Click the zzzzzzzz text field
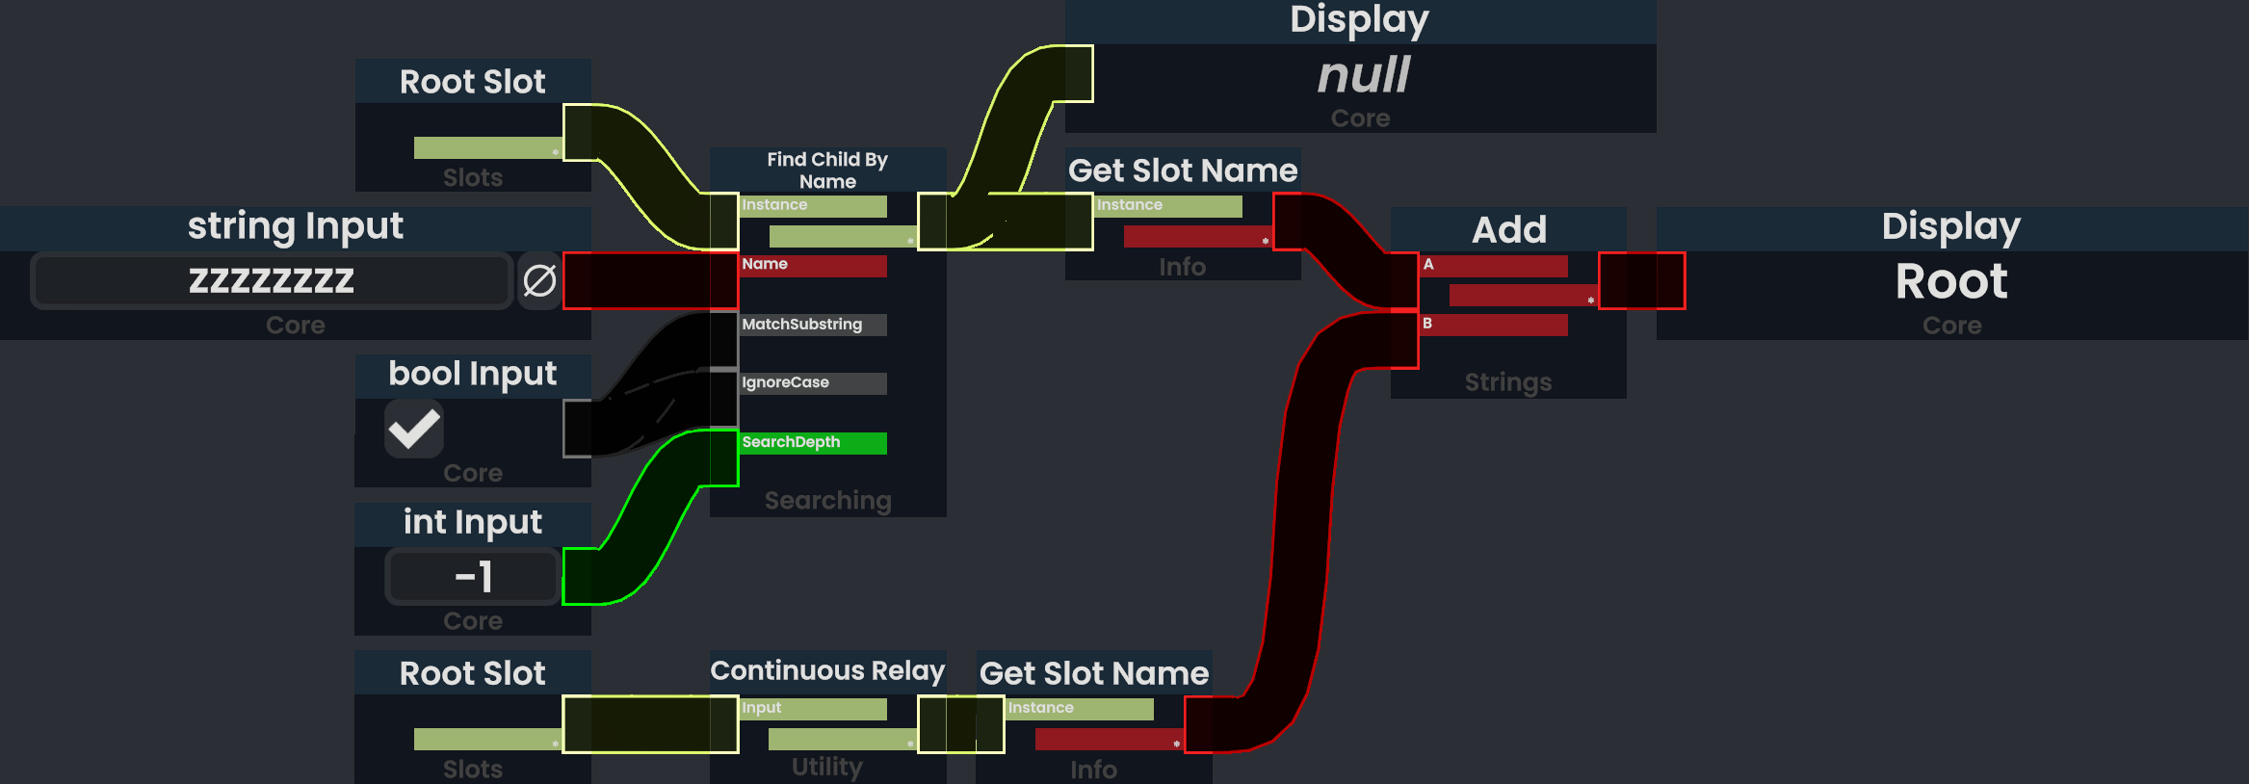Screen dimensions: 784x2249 [271, 280]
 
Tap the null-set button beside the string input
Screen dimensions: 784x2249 [539, 280]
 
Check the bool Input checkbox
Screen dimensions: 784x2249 [414, 429]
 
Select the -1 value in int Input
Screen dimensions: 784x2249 [473, 577]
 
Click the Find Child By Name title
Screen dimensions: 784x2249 [827, 170]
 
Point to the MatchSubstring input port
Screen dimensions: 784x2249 [813, 325]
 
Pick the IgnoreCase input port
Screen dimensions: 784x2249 [813, 383]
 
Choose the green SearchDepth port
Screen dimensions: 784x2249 [813, 443]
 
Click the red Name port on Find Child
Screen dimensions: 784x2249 [813, 265]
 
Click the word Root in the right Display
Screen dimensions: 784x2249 [1951, 281]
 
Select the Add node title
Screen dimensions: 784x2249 [1508, 229]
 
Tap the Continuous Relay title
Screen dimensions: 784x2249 [827, 670]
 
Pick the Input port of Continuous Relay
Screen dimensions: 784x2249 [813, 709]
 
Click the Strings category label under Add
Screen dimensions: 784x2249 [1508, 382]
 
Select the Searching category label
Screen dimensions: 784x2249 [827, 501]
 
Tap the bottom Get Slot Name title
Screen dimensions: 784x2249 [1093, 673]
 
